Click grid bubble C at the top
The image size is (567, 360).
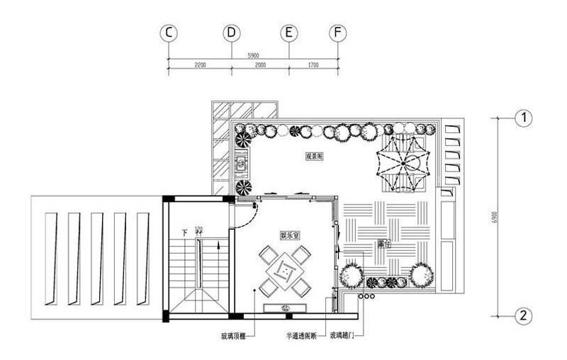(x=168, y=33)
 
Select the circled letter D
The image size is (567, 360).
(x=232, y=33)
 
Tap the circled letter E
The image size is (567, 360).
(x=288, y=33)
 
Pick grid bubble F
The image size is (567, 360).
(x=338, y=33)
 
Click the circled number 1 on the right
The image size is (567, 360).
(x=523, y=118)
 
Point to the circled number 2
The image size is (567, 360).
(x=523, y=316)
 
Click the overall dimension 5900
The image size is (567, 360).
(x=253, y=55)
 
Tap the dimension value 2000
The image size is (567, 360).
(x=260, y=65)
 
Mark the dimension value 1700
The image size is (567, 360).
(x=313, y=65)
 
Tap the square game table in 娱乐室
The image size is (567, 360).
(x=284, y=269)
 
